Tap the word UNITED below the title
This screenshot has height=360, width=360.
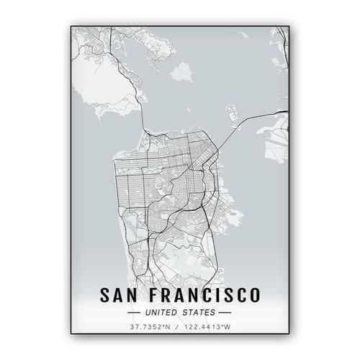(x=162, y=312)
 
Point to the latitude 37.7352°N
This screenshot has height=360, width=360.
(x=150, y=328)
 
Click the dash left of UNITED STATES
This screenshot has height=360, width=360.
(x=135, y=312)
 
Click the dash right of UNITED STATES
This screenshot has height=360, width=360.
(x=225, y=312)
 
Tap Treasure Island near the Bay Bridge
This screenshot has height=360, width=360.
(x=232, y=113)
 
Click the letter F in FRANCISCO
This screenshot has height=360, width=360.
(x=153, y=296)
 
